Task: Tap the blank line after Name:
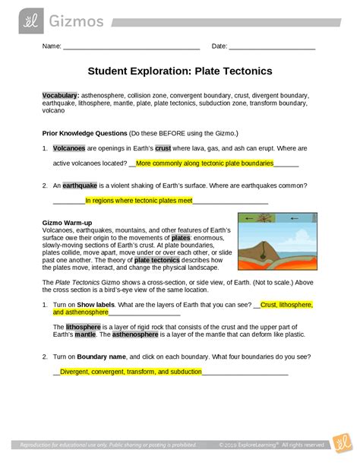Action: tap(131, 48)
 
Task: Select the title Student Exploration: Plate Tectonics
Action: tap(179, 72)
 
